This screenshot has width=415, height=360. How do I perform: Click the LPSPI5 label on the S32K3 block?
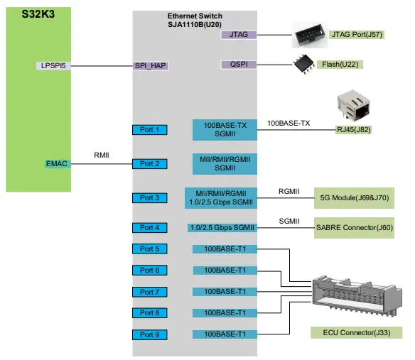point(54,66)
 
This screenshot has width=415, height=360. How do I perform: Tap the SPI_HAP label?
point(151,66)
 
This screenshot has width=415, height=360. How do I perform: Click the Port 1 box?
point(150,130)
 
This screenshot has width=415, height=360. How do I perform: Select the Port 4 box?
point(150,228)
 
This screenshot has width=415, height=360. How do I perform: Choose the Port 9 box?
point(150,334)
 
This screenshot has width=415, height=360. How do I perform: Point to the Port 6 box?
point(150,271)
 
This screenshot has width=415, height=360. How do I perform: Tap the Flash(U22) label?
point(349,65)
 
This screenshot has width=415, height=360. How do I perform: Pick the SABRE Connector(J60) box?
point(353,228)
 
